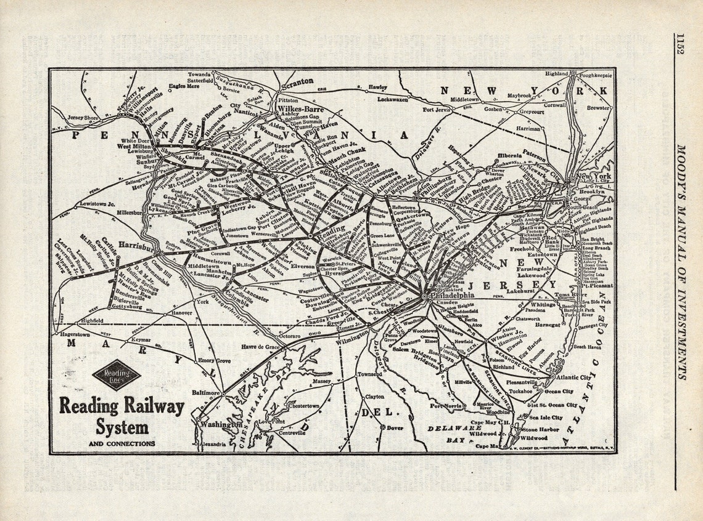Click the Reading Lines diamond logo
pyautogui.click(x=117, y=375)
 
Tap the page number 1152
pyautogui.click(x=679, y=44)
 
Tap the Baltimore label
pyautogui.click(x=205, y=392)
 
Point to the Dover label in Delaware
pyautogui.click(x=395, y=427)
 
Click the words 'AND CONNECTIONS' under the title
pyautogui.click(x=122, y=443)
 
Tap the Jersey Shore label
pyautogui.click(x=83, y=117)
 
